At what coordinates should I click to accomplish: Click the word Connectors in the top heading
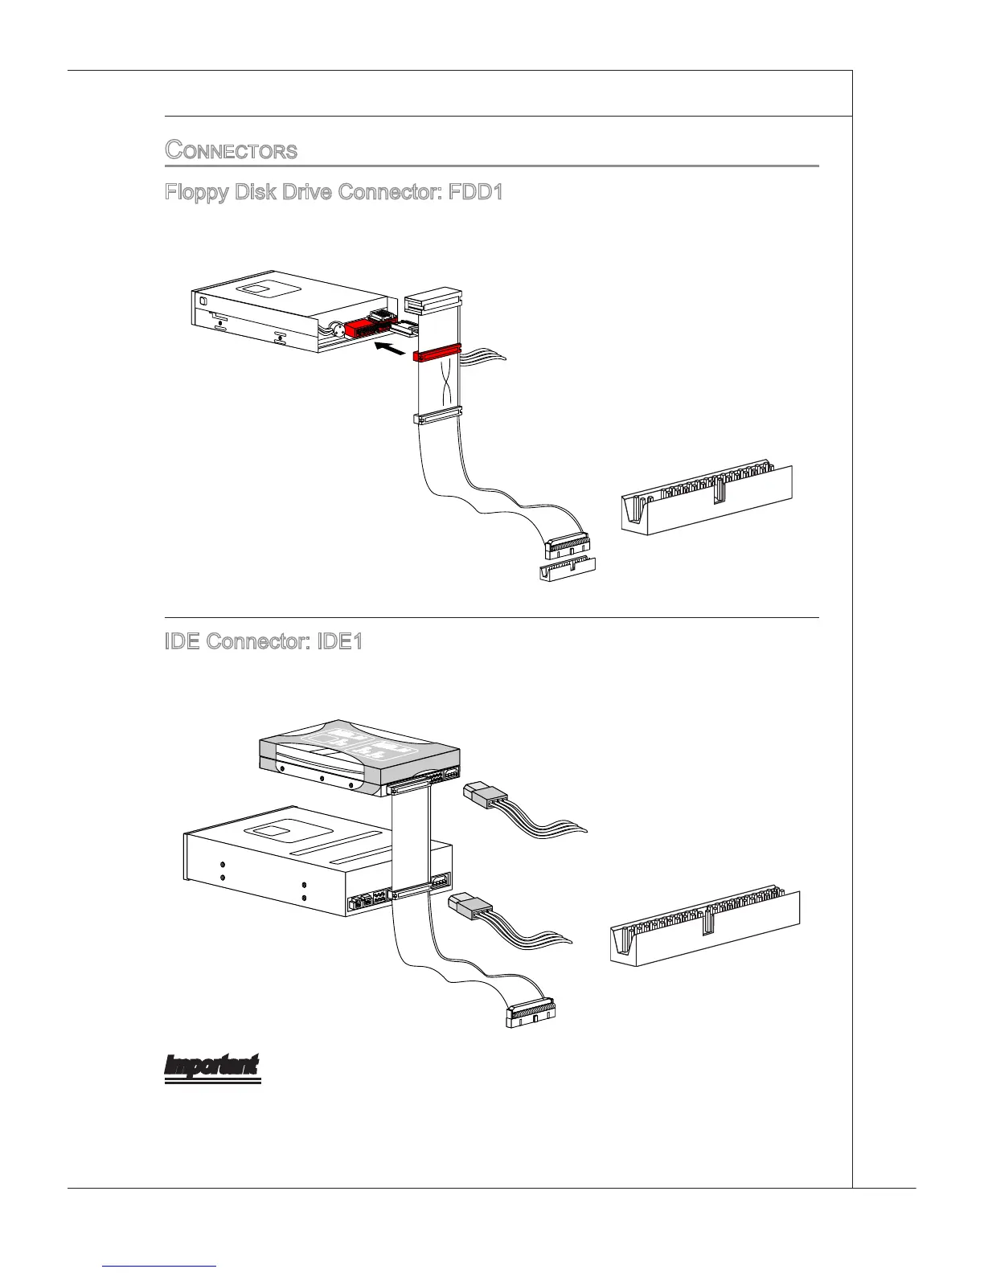tap(232, 150)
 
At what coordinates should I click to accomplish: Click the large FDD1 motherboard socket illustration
tap(706, 497)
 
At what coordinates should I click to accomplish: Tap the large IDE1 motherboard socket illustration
tap(704, 928)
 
